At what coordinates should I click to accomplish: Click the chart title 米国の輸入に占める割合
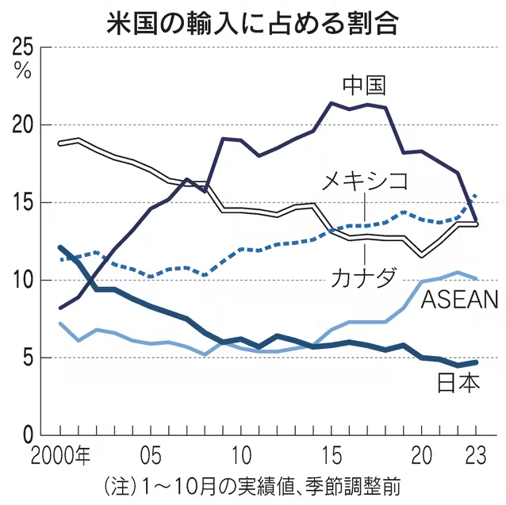[252, 21]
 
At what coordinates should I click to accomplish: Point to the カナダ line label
[365, 280]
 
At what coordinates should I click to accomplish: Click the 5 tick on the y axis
[27, 358]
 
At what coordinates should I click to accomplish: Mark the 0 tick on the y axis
[27, 435]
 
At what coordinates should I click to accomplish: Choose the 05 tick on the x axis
[151, 457]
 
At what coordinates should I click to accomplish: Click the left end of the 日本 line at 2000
[61, 247]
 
